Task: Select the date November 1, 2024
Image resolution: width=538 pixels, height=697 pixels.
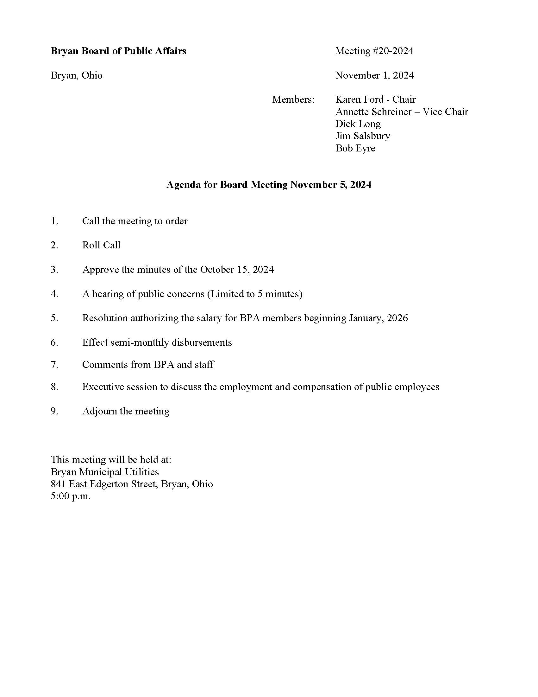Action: [374, 75]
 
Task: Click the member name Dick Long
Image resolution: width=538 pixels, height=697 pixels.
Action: [358, 124]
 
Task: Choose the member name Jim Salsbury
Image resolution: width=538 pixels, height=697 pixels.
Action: [363, 136]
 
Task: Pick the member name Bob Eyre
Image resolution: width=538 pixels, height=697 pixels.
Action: [355, 148]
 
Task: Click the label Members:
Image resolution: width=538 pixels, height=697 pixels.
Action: [293, 99]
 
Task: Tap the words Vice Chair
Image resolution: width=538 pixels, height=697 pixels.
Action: [445, 112]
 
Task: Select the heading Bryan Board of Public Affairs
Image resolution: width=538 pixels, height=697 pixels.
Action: [118, 51]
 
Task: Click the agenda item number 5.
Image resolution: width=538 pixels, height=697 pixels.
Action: [54, 318]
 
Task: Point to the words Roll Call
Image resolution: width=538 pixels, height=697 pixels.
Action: [101, 245]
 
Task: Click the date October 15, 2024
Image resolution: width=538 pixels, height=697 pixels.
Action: [237, 270]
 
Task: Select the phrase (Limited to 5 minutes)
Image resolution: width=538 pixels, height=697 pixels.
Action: [255, 294]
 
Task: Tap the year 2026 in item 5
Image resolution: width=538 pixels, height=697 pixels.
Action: [397, 318]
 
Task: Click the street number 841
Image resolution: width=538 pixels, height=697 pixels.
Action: [58, 484]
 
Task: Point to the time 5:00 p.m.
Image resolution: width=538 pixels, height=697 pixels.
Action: [71, 496]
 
